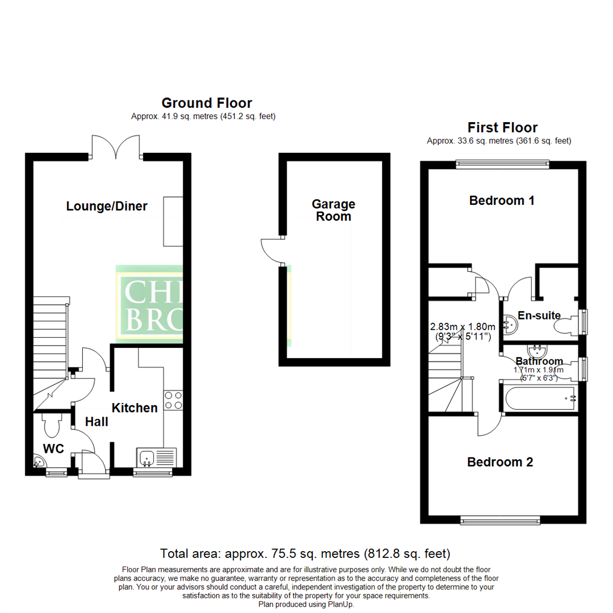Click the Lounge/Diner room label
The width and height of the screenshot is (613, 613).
tap(107, 206)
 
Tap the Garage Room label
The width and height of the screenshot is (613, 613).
tap(334, 210)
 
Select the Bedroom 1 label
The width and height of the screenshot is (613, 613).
tap(502, 200)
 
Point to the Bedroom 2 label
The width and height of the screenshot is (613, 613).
tap(500, 462)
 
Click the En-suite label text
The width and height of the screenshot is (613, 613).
tap(539, 316)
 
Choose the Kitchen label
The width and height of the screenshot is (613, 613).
tap(135, 408)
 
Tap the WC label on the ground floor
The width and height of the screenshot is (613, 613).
tap(53, 449)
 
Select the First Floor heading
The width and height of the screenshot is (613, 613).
tap(502, 127)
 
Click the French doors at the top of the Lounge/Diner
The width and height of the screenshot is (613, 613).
tap(116, 147)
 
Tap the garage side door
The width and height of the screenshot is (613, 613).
tap(271, 250)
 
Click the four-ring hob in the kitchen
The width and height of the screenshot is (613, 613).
tap(173, 401)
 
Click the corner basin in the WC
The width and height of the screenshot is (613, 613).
tap(40, 462)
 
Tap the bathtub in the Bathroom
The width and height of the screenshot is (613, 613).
tap(539, 398)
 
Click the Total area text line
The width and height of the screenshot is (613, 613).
tap(305, 553)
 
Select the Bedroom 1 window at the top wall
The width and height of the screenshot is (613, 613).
tap(502, 165)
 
